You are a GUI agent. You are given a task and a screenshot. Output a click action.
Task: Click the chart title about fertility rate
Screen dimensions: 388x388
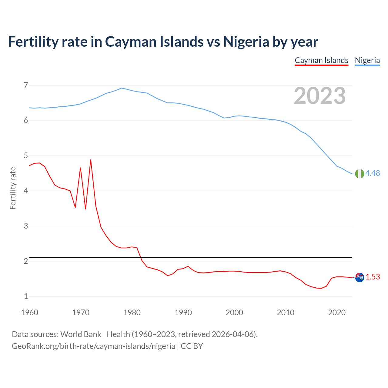click(163, 42)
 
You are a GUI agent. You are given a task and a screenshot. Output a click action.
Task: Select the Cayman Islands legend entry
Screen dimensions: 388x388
click(321, 60)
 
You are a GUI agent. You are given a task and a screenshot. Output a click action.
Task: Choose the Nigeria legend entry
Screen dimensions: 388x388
click(367, 60)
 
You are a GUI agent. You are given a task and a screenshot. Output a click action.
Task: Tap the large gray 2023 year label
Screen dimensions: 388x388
click(320, 96)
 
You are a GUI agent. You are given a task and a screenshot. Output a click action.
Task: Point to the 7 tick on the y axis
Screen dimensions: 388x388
click(26, 85)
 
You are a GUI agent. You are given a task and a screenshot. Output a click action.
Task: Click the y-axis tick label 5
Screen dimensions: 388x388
click(26, 156)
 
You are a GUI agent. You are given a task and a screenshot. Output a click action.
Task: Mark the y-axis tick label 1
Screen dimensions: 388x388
click(26, 296)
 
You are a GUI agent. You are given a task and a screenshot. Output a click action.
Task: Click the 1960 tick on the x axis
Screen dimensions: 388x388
click(29, 313)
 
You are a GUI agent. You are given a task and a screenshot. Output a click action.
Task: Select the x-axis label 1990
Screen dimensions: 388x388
click(183, 313)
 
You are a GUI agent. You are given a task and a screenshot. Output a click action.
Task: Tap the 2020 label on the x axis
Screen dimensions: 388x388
click(337, 313)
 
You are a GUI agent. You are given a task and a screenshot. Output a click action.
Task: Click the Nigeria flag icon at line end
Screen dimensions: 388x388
click(360, 174)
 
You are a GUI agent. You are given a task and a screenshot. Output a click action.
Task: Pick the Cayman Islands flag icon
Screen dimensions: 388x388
click(360, 277)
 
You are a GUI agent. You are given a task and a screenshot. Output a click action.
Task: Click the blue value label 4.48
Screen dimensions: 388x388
click(373, 173)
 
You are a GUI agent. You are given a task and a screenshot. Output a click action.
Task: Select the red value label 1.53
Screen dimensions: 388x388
click(373, 277)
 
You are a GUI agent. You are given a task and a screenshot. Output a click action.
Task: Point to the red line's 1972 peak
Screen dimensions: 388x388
click(91, 160)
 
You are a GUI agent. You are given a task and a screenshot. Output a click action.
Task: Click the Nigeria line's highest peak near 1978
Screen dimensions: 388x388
click(122, 88)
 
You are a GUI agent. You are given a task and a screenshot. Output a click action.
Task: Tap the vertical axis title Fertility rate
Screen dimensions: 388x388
click(13, 188)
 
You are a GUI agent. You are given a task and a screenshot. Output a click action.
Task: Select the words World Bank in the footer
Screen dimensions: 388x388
click(81, 334)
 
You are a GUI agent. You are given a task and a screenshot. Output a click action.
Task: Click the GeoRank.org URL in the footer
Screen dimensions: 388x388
click(93, 346)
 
